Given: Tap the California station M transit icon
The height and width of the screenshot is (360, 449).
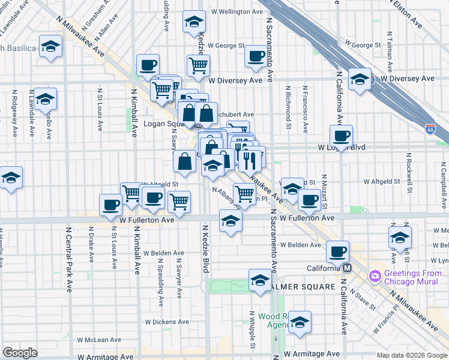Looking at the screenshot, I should [346, 268].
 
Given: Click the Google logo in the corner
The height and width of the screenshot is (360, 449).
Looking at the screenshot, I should [20, 353].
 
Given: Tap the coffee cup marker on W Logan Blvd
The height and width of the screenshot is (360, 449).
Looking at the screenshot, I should [341, 136].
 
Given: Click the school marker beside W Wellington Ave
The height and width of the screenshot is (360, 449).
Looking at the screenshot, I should [194, 23].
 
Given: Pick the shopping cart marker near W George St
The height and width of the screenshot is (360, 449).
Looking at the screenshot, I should [198, 65].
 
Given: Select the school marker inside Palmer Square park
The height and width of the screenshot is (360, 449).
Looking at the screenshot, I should [260, 280].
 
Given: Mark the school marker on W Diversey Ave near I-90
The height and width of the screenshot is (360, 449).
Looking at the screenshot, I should [360, 79].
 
